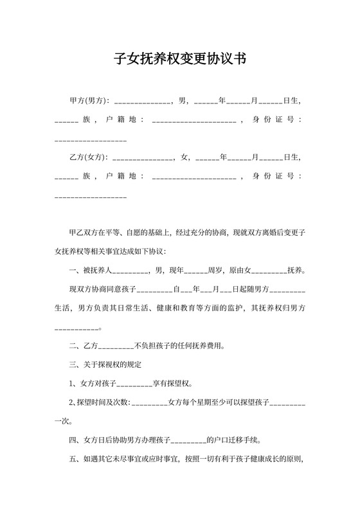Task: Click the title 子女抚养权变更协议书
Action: [179, 59]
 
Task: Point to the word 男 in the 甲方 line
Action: [183, 101]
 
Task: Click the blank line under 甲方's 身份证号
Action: [91, 140]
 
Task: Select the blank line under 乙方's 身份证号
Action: [91, 196]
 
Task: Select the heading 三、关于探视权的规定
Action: [109, 365]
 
